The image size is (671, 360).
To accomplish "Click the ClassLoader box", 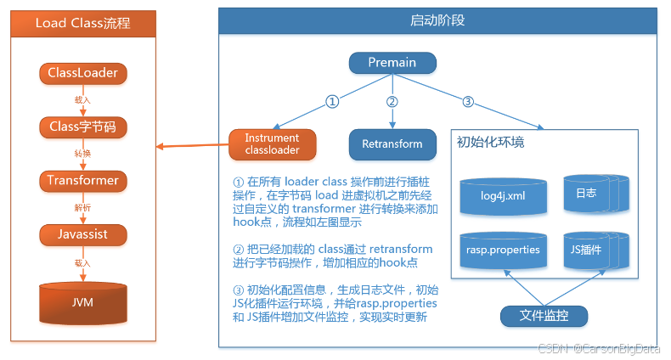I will (83, 73).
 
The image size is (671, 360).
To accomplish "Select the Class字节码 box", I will (83, 127).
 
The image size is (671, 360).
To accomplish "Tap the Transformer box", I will (83, 181).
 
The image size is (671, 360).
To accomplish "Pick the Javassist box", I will (83, 234).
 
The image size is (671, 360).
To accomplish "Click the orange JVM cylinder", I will (83, 302).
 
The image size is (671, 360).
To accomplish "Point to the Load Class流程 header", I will (83, 23).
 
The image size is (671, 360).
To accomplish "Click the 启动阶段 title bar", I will (437, 19).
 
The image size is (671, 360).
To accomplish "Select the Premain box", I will (392, 63).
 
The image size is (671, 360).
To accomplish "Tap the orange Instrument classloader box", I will (272, 143).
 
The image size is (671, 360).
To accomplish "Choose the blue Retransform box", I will (392, 143).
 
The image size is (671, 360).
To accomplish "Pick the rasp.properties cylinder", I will (502, 251).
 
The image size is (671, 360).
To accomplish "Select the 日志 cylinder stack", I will (591, 194).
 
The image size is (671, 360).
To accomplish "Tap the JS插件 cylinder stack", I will (591, 250).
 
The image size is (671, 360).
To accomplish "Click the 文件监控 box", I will (544, 317).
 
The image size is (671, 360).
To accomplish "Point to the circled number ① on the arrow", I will (333, 101).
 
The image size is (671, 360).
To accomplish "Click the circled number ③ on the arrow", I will (468, 101).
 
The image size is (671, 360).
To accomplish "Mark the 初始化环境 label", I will (491, 142).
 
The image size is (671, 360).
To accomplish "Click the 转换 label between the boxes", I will (82, 155).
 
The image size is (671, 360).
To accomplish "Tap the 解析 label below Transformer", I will (82, 208).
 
